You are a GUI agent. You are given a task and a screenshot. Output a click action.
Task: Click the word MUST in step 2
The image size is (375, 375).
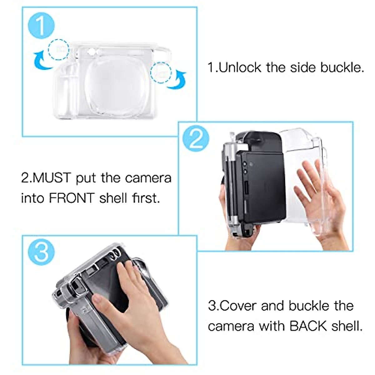(x=52, y=178)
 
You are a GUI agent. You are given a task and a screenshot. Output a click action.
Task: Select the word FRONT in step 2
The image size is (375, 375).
(x=72, y=198)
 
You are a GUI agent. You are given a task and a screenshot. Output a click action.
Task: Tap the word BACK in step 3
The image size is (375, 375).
(x=308, y=326)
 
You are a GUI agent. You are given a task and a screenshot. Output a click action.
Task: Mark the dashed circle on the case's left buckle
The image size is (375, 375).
(x=58, y=49)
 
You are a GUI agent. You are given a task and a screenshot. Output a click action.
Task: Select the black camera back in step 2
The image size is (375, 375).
(x=261, y=184)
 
